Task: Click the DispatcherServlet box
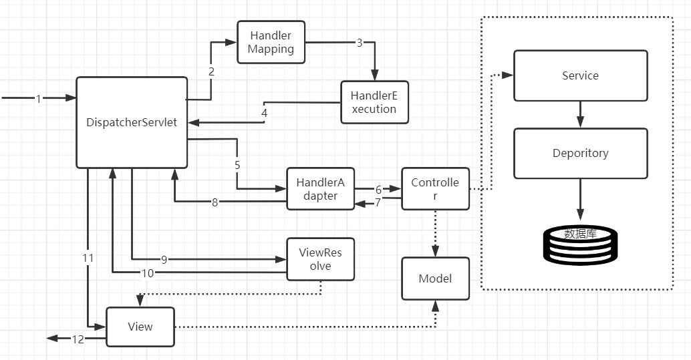[x=132, y=122]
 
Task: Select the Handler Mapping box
[x=271, y=42]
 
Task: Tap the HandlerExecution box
[x=374, y=102]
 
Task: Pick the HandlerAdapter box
[x=321, y=188]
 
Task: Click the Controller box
[x=435, y=188]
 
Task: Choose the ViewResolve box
[x=320, y=259]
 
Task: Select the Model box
[x=435, y=278]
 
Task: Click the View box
[x=140, y=327]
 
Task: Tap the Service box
[x=580, y=75]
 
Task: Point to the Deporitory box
[x=580, y=153]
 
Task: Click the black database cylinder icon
[x=580, y=244]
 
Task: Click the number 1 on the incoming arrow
[x=38, y=99]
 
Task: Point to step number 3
[x=360, y=43]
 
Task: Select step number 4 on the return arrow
[x=265, y=113]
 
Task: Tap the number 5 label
[x=237, y=164]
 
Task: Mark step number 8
[x=215, y=202]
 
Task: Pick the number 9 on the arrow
[x=164, y=258]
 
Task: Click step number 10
[x=148, y=272]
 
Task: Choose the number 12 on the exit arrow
[x=78, y=339]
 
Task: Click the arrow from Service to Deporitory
[x=580, y=114]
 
